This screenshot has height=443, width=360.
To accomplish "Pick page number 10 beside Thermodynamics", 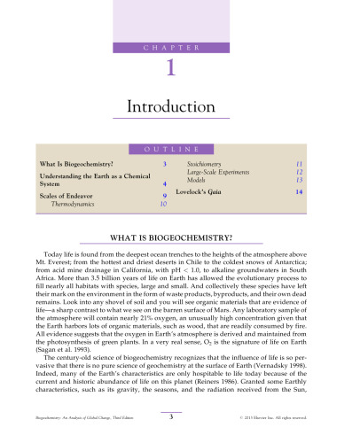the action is pyautogui.click(x=163, y=204).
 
